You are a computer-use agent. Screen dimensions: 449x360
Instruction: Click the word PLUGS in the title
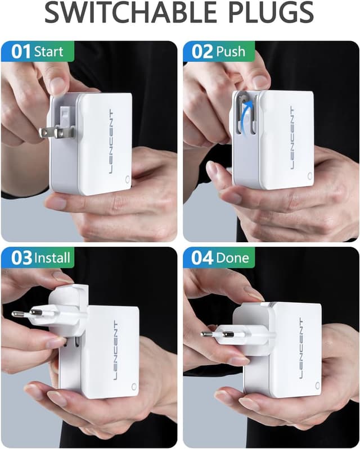tap(267, 13)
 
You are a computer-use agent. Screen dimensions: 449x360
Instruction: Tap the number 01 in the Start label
tap(21, 52)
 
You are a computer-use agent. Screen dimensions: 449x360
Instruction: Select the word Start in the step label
tap(49, 52)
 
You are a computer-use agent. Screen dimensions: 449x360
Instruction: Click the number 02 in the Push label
tap(202, 52)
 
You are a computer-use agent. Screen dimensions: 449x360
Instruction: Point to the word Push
tap(231, 52)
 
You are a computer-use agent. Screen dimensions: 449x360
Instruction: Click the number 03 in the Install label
tap(21, 258)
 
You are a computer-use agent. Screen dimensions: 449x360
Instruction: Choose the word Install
tap(52, 258)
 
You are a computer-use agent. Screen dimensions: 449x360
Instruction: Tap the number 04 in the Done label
tap(202, 258)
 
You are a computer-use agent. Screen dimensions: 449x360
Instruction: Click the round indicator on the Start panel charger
tap(127, 181)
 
